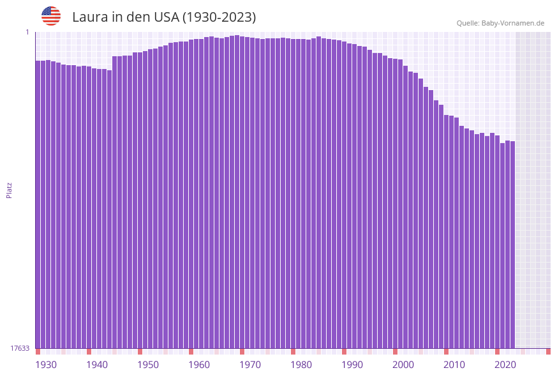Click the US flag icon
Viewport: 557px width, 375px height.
coord(51,16)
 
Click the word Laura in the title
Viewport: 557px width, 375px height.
coord(90,17)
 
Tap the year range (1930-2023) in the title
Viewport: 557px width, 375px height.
coord(219,17)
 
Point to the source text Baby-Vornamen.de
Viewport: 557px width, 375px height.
coord(514,23)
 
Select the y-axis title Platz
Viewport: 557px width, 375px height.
coord(10,190)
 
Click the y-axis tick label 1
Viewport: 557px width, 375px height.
coord(27,32)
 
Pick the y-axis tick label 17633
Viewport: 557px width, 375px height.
coord(20,348)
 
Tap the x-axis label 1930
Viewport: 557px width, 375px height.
coord(46,365)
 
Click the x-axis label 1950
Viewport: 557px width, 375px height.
coord(148,365)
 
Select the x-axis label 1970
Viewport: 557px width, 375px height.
coord(250,365)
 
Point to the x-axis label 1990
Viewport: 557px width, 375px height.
coord(352,365)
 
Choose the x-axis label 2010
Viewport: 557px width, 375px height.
coord(454,365)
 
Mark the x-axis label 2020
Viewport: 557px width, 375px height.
coord(505,365)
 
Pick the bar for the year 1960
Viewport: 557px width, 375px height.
coord(191,192)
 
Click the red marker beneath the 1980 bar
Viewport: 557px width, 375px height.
coord(293,351)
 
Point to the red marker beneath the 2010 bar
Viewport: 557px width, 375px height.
coord(446,351)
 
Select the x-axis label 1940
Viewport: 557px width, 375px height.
coord(97,365)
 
